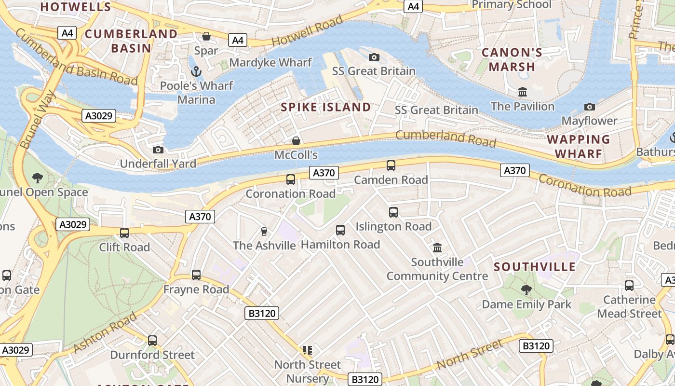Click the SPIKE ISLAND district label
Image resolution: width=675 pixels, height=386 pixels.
click(326, 107)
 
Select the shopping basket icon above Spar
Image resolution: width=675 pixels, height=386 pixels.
click(206, 36)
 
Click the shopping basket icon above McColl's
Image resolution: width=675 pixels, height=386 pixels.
click(296, 141)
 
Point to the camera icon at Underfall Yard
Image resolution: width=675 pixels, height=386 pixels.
click(158, 150)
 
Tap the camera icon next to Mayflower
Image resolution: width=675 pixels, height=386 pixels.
click(589, 107)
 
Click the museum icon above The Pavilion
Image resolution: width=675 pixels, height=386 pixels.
click(522, 92)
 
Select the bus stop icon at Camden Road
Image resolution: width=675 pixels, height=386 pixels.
click(391, 165)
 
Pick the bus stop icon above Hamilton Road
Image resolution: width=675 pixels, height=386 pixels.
click(340, 230)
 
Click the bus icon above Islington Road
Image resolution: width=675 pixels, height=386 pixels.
click(393, 212)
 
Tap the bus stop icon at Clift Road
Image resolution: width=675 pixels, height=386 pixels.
click(124, 233)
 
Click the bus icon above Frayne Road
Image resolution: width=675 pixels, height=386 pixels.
click(196, 275)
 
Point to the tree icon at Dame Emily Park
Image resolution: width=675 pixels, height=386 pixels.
click(526, 290)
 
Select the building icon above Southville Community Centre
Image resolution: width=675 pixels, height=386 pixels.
click(437, 248)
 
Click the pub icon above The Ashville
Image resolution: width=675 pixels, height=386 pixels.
click(264, 232)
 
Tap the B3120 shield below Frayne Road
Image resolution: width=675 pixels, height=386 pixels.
click(262, 314)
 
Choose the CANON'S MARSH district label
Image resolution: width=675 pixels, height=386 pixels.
click(512, 60)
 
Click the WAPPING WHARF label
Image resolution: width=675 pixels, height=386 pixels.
click(578, 147)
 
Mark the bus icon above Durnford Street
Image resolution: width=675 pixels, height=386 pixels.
click(152, 340)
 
